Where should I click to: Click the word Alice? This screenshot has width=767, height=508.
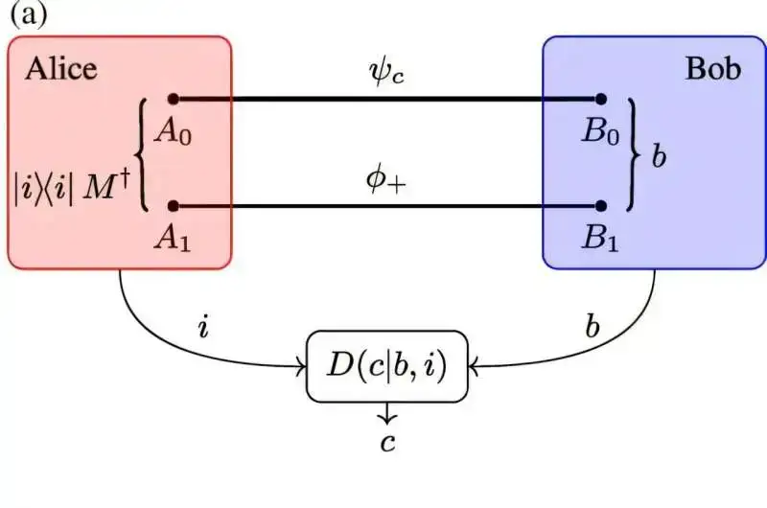point(61,69)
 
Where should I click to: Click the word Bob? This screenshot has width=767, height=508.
point(712,69)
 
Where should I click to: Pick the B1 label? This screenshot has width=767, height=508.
point(601,237)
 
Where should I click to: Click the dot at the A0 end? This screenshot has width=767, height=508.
point(174,99)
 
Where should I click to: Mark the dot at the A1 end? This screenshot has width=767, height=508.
point(174,205)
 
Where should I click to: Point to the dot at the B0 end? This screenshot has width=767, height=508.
point(601,99)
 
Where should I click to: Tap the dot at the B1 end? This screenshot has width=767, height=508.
point(601,205)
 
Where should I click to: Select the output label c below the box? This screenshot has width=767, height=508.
point(387,441)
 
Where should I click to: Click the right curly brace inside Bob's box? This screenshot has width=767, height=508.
point(633,153)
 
